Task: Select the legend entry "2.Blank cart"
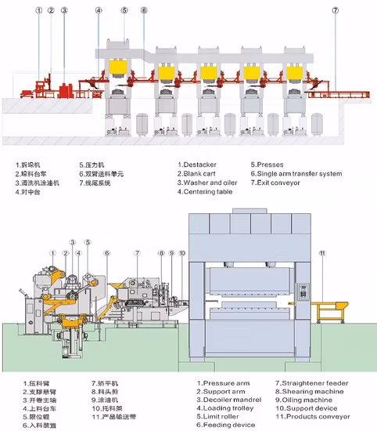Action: (x=199, y=173)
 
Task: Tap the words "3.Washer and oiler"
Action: (x=209, y=183)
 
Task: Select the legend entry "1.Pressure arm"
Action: (x=217, y=384)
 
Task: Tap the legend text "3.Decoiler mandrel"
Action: (x=224, y=400)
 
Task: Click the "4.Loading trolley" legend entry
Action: (x=222, y=407)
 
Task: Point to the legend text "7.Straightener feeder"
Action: (x=305, y=384)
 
